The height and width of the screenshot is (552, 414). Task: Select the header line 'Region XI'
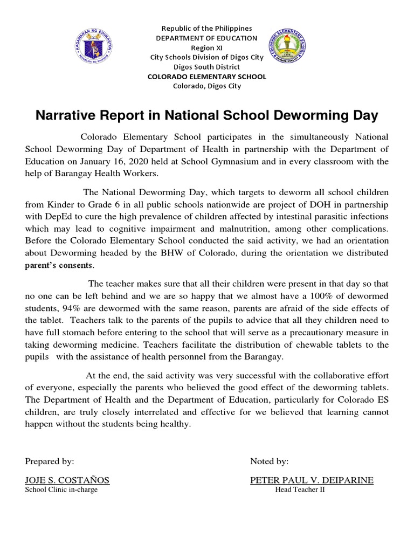pos(207,48)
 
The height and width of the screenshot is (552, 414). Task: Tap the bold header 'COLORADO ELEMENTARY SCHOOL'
pos(207,77)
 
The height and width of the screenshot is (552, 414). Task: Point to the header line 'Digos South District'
pos(207,67)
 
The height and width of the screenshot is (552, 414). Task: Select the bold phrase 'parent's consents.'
pos(60,265)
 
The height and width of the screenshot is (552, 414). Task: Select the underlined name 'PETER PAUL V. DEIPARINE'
pos(312,480)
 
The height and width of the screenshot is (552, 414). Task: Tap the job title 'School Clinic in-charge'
pos(61,490)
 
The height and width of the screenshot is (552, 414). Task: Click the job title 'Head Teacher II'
pos(300,490)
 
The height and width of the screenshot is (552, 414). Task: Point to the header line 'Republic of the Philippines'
pos(207,28)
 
